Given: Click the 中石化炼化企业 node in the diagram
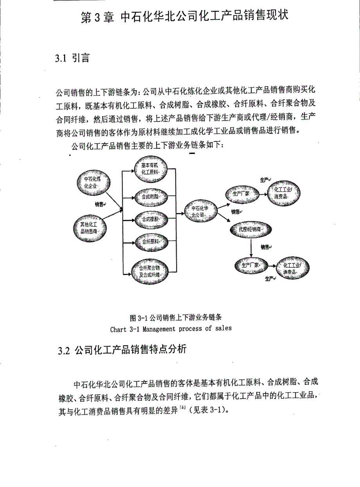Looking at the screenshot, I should click(92, 182).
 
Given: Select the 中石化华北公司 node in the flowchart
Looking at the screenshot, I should click(200, 212).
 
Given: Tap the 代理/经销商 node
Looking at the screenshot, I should click(251, 229).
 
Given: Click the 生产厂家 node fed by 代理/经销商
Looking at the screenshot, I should click(250, 265).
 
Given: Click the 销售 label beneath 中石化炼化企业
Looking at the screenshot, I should click(100, 204).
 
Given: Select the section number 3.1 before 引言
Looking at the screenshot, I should click(61, 59).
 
